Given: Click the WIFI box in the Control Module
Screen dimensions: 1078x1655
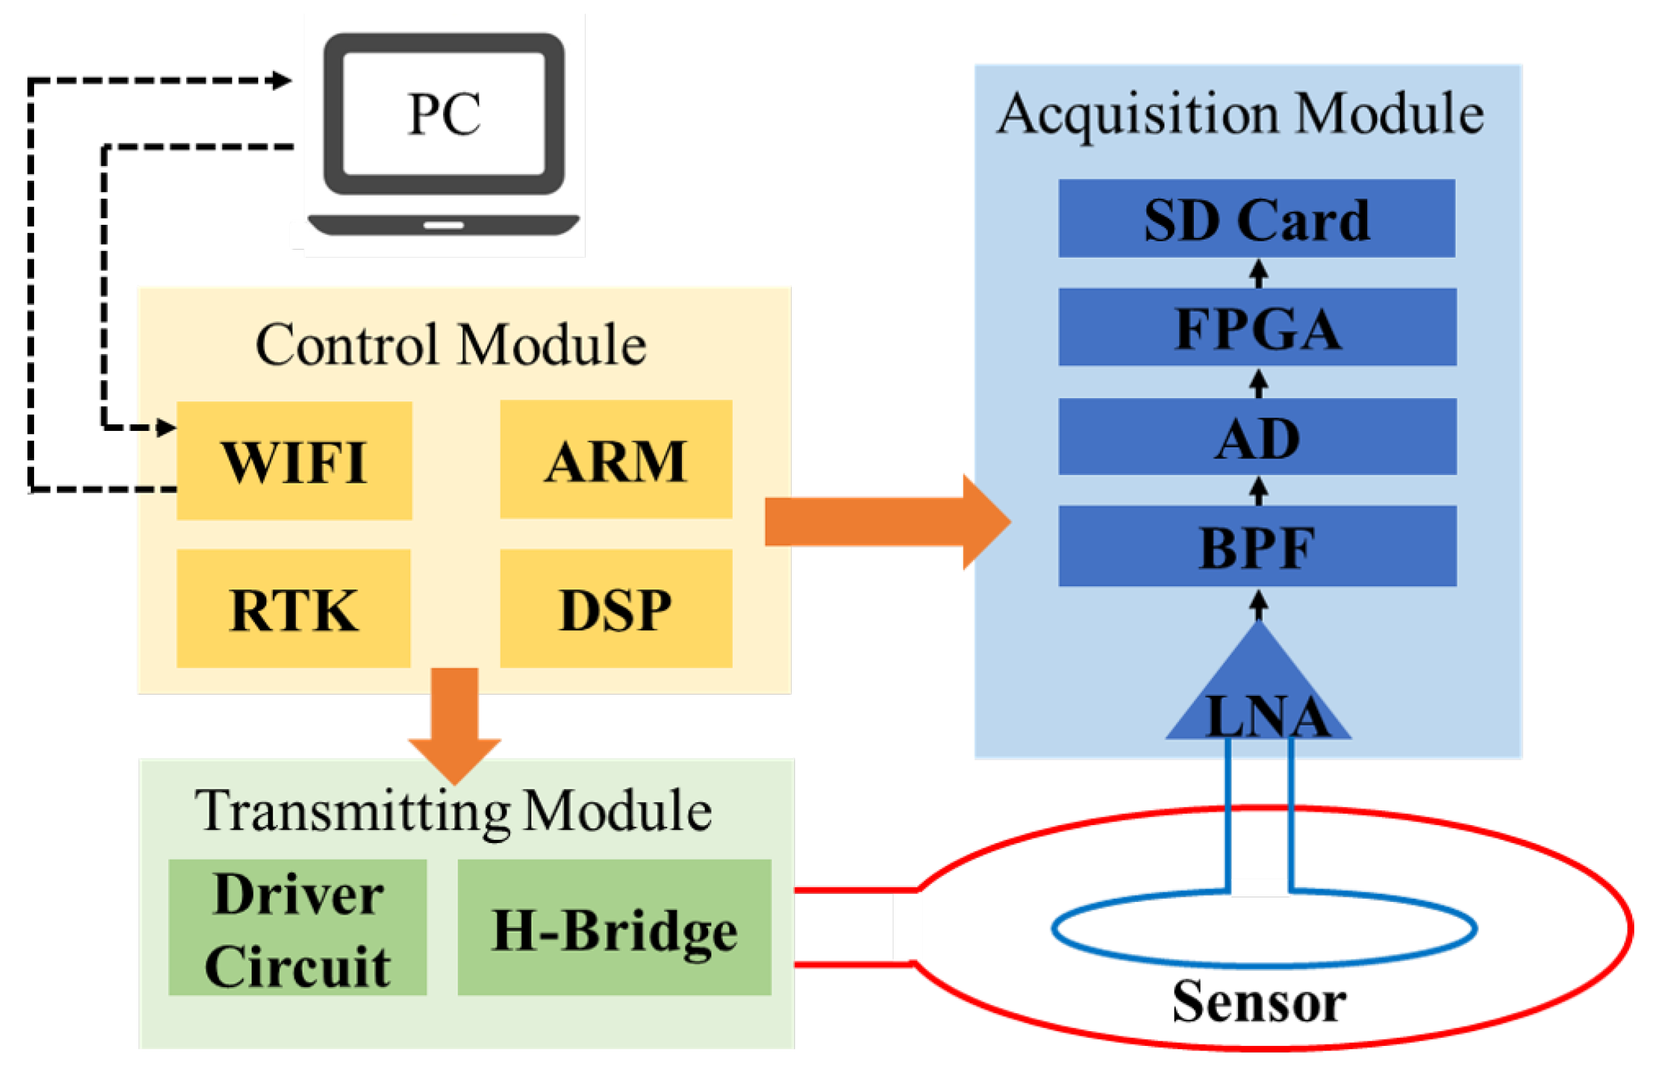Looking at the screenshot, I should point(294,461).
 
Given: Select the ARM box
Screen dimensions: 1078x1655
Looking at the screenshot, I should point(616,460).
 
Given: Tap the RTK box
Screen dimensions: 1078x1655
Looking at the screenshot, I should point(293,609).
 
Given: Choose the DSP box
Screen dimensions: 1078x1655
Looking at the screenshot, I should point(616,609).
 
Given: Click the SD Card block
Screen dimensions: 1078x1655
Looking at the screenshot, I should point(1257,218).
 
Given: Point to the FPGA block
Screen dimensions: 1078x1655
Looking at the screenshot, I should point(1257,327).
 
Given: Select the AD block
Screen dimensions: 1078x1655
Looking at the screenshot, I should point(1257,437).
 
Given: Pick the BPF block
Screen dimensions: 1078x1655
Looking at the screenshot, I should point(1257,547).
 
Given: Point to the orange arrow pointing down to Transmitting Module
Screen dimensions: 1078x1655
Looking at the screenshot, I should point(455,723).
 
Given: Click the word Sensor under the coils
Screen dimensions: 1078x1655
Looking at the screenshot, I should point(1259,1002).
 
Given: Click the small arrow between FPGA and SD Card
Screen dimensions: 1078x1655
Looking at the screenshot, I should point(1258,272).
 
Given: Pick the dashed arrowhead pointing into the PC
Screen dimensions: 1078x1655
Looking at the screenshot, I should point(281,81).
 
